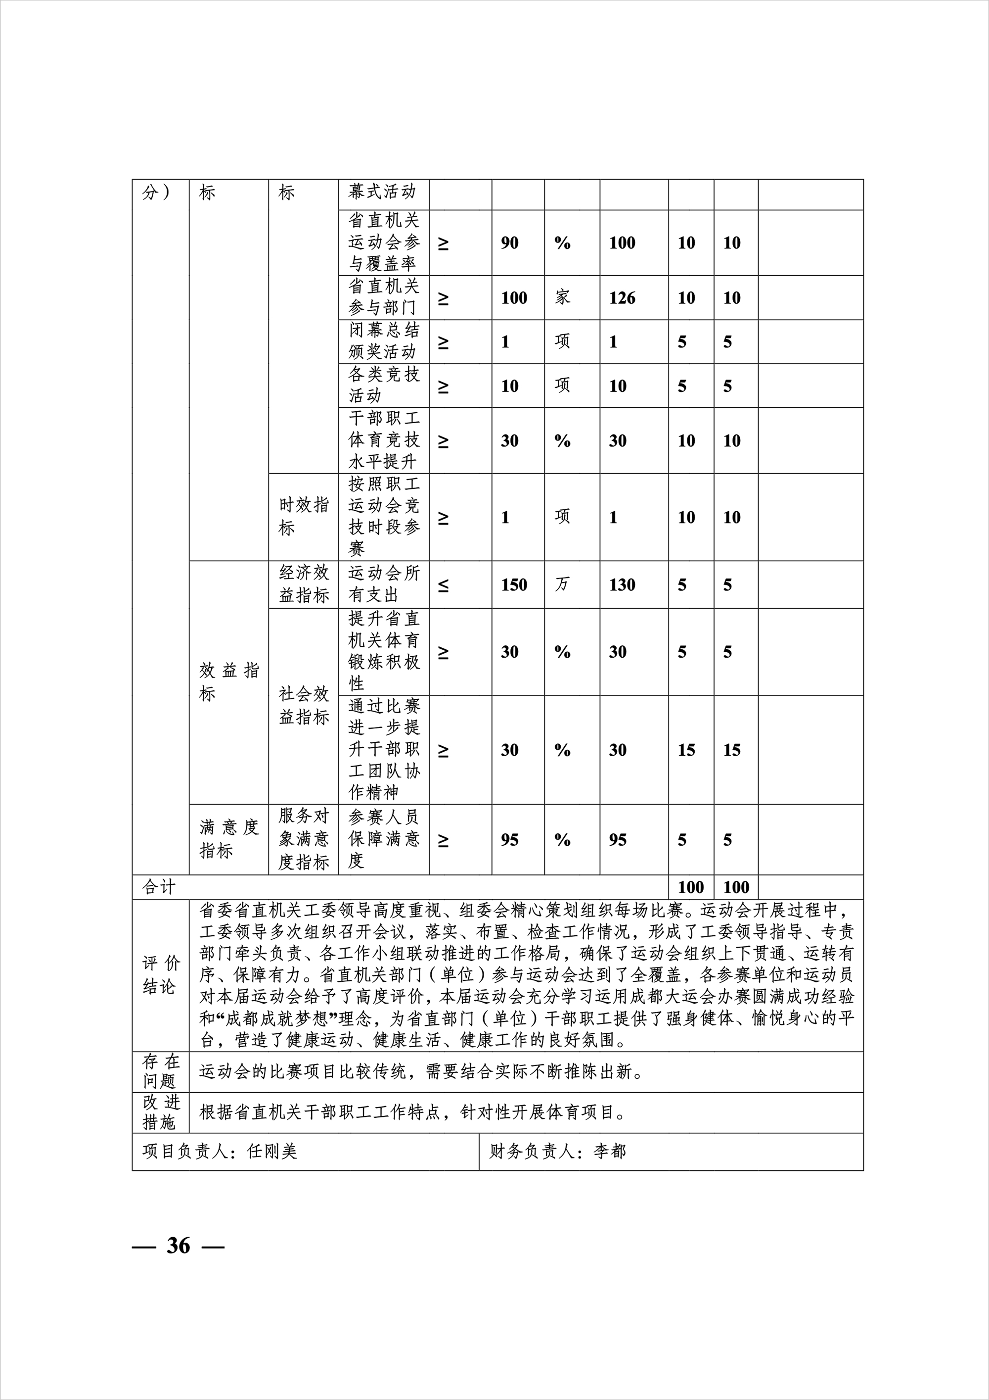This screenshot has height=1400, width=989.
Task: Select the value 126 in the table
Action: (x=622, y=298)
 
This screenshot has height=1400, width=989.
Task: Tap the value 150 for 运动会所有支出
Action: (x=514, y=585)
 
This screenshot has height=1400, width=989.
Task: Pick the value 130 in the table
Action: (x=622, y=585)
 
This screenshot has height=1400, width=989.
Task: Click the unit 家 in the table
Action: (x=562, y=297)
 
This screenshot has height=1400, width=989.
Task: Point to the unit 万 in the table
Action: (x=562, y=584)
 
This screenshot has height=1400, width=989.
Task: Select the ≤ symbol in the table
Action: (x=444, y=585)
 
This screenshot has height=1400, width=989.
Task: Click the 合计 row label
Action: (x=158, y=887)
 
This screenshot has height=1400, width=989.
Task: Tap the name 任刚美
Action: (x=272, y=1151)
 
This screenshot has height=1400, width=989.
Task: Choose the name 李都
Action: (x=609, y=1151)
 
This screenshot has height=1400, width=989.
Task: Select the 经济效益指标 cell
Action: (x=304, y=583)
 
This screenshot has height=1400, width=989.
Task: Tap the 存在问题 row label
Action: (x=161, y=1071)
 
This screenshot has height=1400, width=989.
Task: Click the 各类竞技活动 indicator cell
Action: (x=384, y=386)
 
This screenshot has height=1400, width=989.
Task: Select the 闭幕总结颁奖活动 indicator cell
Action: (x=384, y=341)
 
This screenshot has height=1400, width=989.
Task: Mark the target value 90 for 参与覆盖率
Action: (x=509, y=242)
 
